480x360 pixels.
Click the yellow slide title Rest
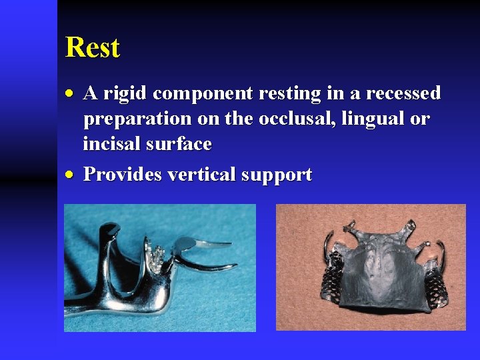93,48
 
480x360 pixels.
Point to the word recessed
399,94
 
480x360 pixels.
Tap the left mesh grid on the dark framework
333,286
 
